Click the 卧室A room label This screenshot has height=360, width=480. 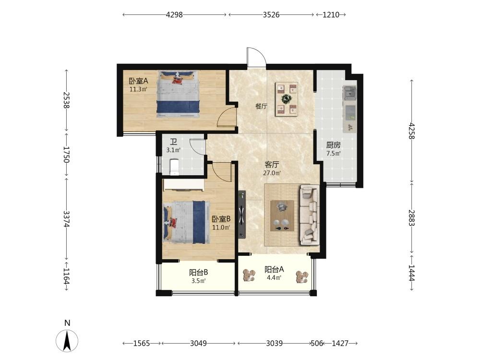138,81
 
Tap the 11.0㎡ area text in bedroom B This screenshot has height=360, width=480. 221,228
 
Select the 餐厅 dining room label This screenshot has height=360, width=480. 261,107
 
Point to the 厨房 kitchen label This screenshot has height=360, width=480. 333,145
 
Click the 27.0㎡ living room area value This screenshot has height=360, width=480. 272,173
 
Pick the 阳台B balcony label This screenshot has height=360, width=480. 199,272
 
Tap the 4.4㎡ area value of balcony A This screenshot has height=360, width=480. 274,278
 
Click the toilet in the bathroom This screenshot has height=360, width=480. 174,167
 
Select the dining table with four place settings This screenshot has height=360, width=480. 287,99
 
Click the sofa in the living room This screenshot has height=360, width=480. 310,215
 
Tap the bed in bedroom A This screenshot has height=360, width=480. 178,94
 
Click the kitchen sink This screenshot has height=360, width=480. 349,93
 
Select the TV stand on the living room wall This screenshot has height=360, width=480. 242,214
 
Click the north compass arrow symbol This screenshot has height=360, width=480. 67,341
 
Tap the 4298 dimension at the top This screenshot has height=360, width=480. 174,15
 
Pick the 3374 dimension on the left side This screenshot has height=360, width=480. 66,219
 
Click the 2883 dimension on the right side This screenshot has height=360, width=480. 412,217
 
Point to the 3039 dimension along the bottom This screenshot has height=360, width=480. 274,344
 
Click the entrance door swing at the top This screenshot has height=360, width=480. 256,57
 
